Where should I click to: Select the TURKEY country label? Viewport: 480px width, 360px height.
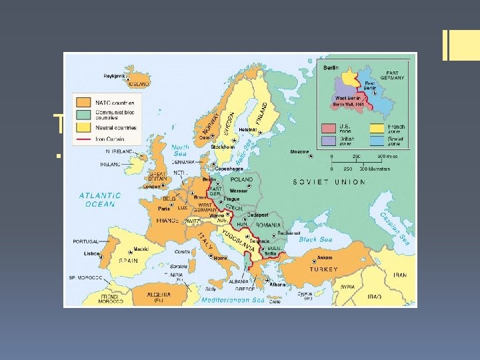[x=323, y=269]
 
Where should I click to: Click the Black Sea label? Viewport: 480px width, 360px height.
[x=317, y=238]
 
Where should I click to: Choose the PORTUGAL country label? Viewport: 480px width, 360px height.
[x=85, y=241]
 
